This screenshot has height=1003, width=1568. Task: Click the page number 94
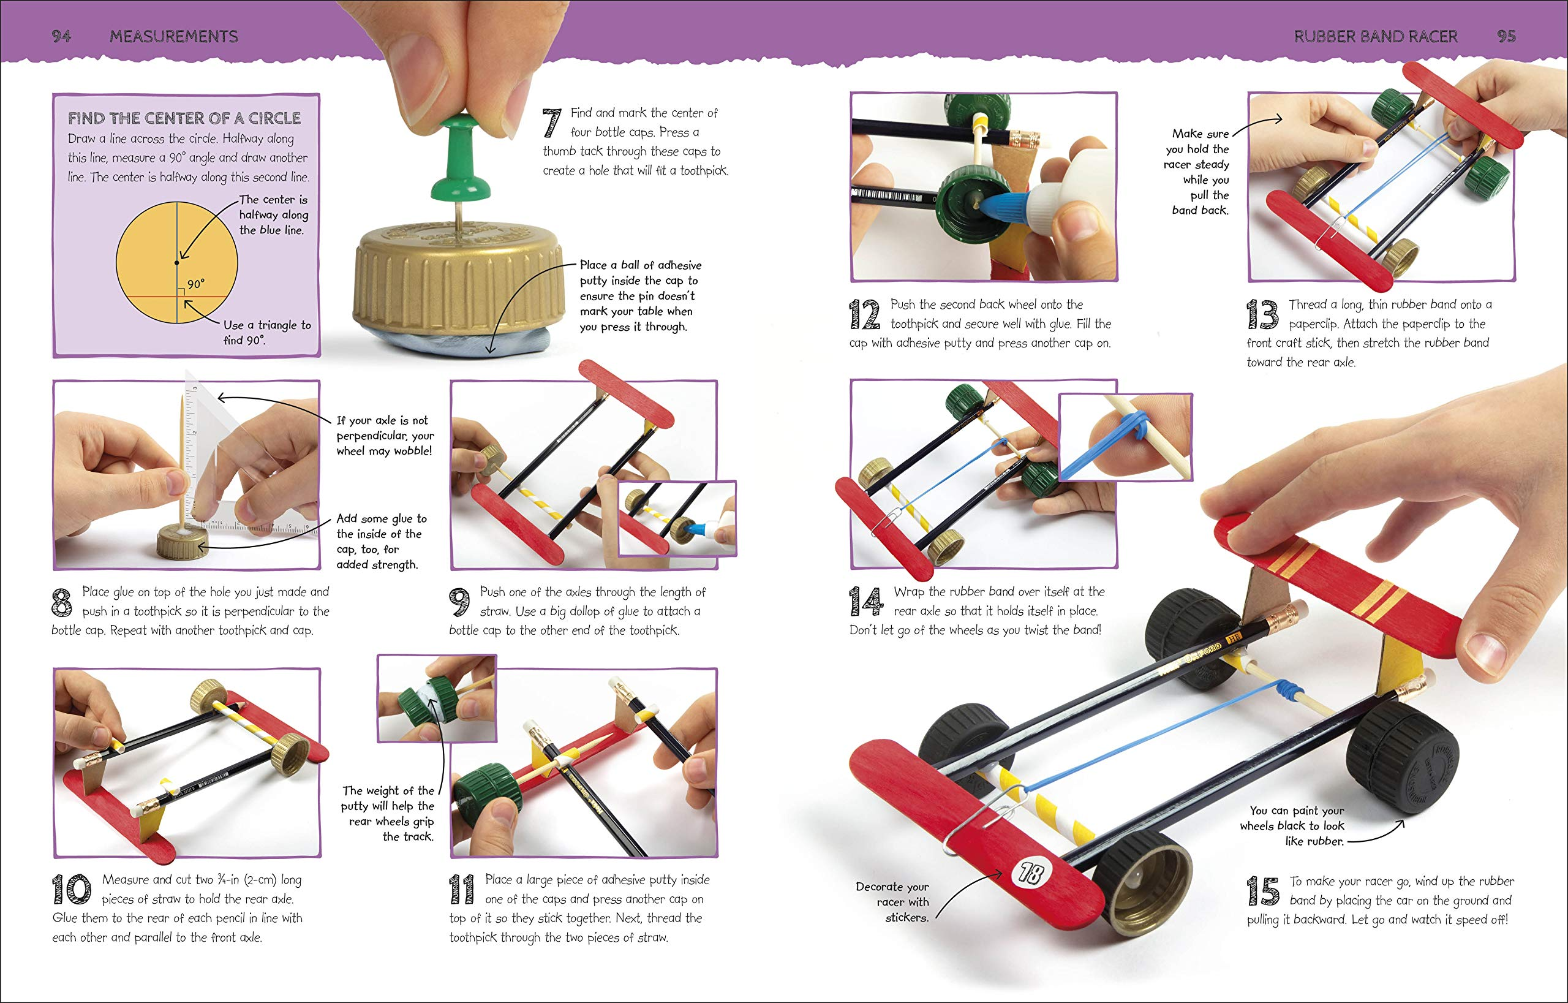61,37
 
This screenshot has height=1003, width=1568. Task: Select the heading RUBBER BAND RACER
1375,37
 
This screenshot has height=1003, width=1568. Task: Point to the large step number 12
865,314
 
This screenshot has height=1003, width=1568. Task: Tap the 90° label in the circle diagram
195,284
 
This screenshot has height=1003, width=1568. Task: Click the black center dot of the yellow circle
176,262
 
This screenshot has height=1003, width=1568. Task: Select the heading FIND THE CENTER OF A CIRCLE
184,118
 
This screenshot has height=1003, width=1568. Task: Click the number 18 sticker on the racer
1031,873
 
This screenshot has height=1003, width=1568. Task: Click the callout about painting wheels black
1292,826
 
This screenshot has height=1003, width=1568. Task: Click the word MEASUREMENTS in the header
174,37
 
